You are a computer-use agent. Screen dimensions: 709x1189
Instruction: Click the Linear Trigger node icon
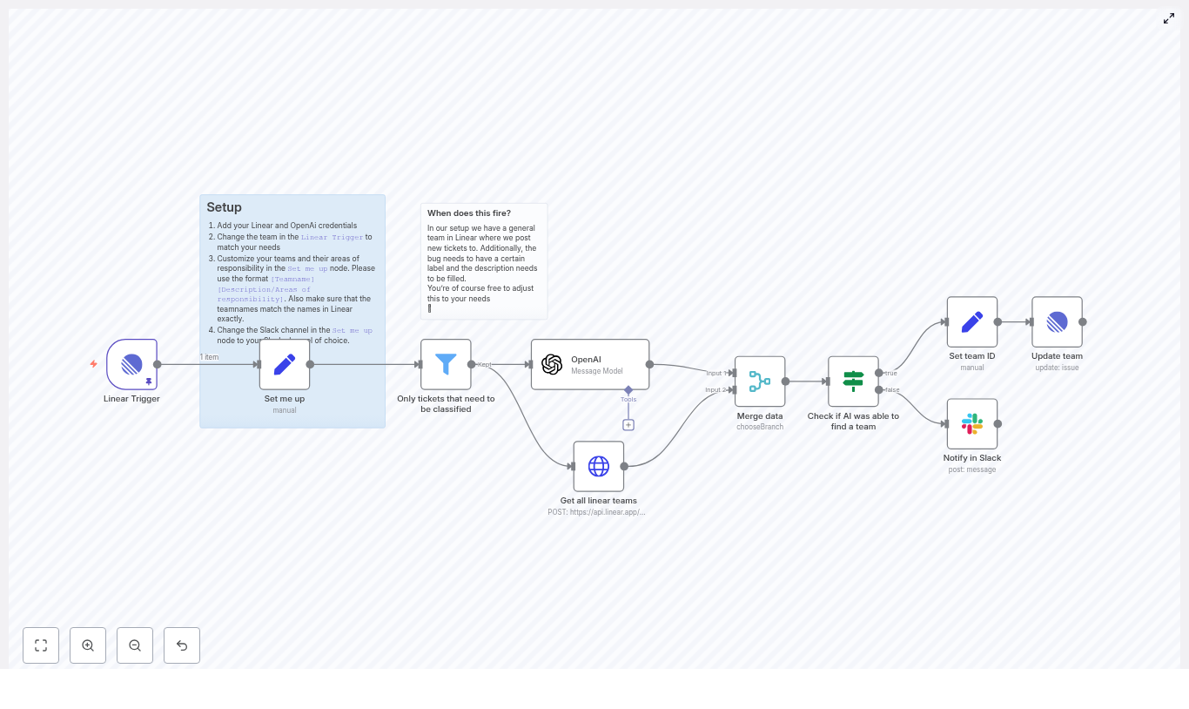pyautogui.click(x=131, y=364)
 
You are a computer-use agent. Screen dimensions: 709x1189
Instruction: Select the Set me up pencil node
pyautogui.click(x=285, y=364)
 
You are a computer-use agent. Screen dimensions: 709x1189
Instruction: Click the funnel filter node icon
pyautogui.click(x=446, y=364)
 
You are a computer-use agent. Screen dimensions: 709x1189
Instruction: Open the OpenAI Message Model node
pyautogui.click(x=590, y=364)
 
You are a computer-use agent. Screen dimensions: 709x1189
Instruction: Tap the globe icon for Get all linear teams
pyautogui.click(x=599, y=466)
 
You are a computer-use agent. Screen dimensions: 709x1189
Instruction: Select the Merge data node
pyautogui.click(x=760, y=382)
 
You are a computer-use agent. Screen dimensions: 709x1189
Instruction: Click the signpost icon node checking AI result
pyautogui.click(x=853, y=382)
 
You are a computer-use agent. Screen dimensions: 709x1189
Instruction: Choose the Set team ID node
pyautogui.click(x=972, y=322)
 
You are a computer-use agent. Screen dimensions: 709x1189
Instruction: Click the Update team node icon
pyautogui.click(x=1057, y=322)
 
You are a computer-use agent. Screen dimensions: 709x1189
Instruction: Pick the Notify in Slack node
pyautogui.click(x=972, y=424)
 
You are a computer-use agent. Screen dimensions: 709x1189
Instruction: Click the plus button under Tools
pyautogui.click(x=628, y=425)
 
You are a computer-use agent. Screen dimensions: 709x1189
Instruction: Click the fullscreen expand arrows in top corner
pyautogui.click(x=1169, y=18)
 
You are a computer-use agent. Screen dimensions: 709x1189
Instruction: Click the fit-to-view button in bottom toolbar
pyautogui.click(x=41, y=645)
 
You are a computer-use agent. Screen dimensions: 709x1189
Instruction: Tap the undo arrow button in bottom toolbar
pyautogui.click(x=182, y=645)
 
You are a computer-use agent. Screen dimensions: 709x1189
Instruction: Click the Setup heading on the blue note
pyautogui.click(x=225, y=207)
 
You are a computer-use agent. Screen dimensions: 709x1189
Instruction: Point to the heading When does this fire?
pyautogui.click(x=469, y=213)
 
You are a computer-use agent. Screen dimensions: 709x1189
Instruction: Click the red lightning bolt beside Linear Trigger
pyautogui.click(x=94, y=364)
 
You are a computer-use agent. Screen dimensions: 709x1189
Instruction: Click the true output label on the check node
pyautogui.click(x=891, y=373)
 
